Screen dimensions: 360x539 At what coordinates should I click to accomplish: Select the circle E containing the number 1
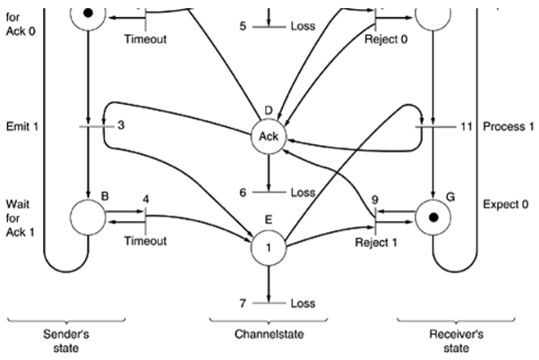(x=269, y=245)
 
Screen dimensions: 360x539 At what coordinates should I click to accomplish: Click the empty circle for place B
(x=88, y=217)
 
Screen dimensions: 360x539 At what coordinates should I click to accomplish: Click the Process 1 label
(x=508, y=127)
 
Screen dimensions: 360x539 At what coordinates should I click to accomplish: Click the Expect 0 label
(x=507, y=204)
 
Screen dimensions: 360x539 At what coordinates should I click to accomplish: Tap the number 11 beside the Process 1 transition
(x=466, y=127)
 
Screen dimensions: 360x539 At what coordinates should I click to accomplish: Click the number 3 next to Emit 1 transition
(x=119, y=126)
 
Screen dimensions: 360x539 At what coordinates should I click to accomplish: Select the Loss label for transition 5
(x=303, y=25)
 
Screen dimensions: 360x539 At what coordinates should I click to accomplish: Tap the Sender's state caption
(x=67, y=341)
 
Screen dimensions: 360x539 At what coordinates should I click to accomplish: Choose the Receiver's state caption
(x=470, y=341)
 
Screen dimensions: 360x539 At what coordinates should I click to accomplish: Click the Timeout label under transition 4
(x=145, y=242)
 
